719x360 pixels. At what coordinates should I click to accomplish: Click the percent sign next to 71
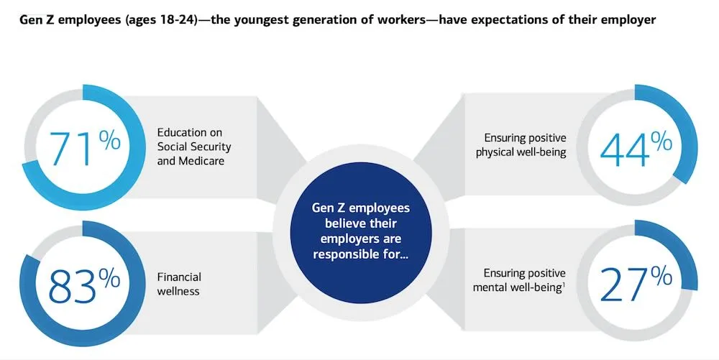110,140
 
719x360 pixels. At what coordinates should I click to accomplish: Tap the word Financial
179,277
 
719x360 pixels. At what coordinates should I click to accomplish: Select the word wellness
179,292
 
